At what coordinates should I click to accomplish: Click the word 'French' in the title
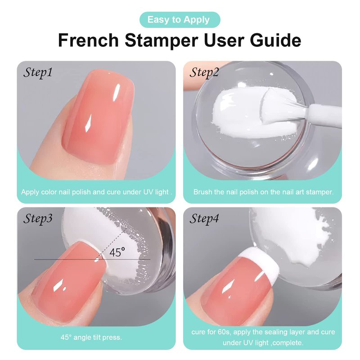coord(88,40)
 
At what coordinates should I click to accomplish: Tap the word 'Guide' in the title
coord(275,40)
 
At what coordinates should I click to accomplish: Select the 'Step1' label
coord(38,73)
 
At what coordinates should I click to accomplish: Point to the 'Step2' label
coord(204,73)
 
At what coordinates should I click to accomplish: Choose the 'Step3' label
coord(38,219)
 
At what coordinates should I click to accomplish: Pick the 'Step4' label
coord(204,219)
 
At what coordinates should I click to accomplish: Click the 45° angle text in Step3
coord(117,252)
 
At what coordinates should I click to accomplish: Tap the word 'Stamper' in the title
coord(161,40)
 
